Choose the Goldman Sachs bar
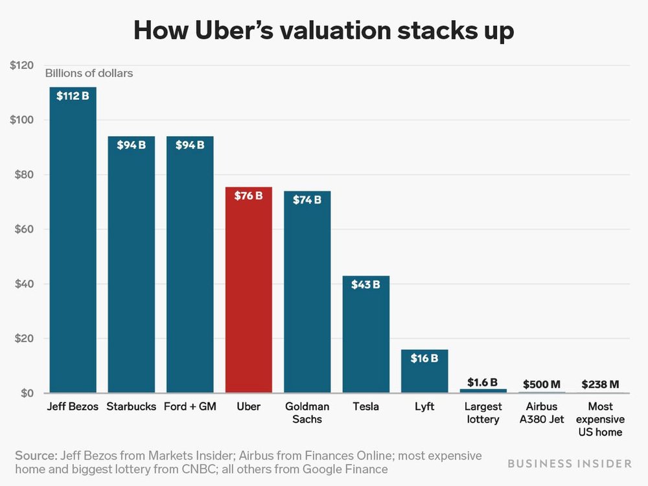[x=307, y=292]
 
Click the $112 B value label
[x=73, y=96]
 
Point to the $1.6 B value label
[x=483, y=382]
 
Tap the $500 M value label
[x=542, y=384]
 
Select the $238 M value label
[x=600, y=384]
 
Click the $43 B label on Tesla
[x=365, y=284]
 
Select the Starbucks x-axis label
[x=132, y=407]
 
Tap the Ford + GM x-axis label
[x=190, y=407]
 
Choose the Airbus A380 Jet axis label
[x=542, y=413]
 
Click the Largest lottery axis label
[x=483, y=413]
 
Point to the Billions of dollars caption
[x=89, y=73]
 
